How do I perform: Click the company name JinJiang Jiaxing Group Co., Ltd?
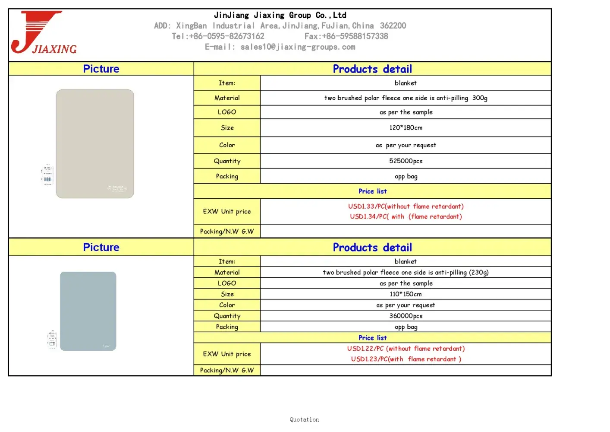click(280, 15)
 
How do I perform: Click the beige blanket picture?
click(95, 143)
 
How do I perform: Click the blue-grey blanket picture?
click(88, 311)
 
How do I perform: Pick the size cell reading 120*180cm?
click(406, 127)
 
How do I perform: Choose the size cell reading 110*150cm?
click(406, 294)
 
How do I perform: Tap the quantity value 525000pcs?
click(406, 161)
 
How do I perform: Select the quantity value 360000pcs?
click(406, 316)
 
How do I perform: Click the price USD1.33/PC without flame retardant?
click(406, 206)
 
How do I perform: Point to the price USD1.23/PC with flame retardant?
click(406, 359)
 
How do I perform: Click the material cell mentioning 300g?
click(406, 98)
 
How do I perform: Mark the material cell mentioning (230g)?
click(406, 272)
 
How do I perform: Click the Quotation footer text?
click(304, 419)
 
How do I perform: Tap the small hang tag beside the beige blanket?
click(47, 175)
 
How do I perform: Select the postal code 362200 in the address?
click(393, 25)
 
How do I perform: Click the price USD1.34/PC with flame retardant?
click(406, 216)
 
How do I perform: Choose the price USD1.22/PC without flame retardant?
click(406, 349)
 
